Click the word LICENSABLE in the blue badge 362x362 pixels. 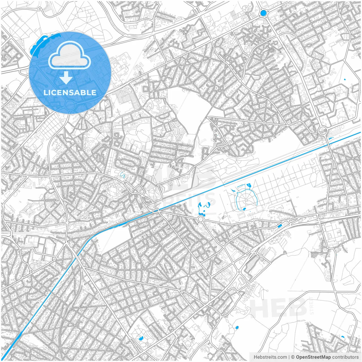point(70,92)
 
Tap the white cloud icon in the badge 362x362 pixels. point(70,55)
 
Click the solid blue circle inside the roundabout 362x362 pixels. point(263,13)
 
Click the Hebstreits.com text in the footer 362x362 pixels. point(270,357)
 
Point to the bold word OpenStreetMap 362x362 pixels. point(313,357)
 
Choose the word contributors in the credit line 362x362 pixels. point(345,357)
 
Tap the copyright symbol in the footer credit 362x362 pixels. point(293,357)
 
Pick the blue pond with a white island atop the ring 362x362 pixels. point(249,186)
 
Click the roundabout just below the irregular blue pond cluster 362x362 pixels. point(201,219)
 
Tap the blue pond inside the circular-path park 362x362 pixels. point(141,338)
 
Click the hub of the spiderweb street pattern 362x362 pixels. point(264,123)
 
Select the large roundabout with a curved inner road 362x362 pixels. point(322,131)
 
